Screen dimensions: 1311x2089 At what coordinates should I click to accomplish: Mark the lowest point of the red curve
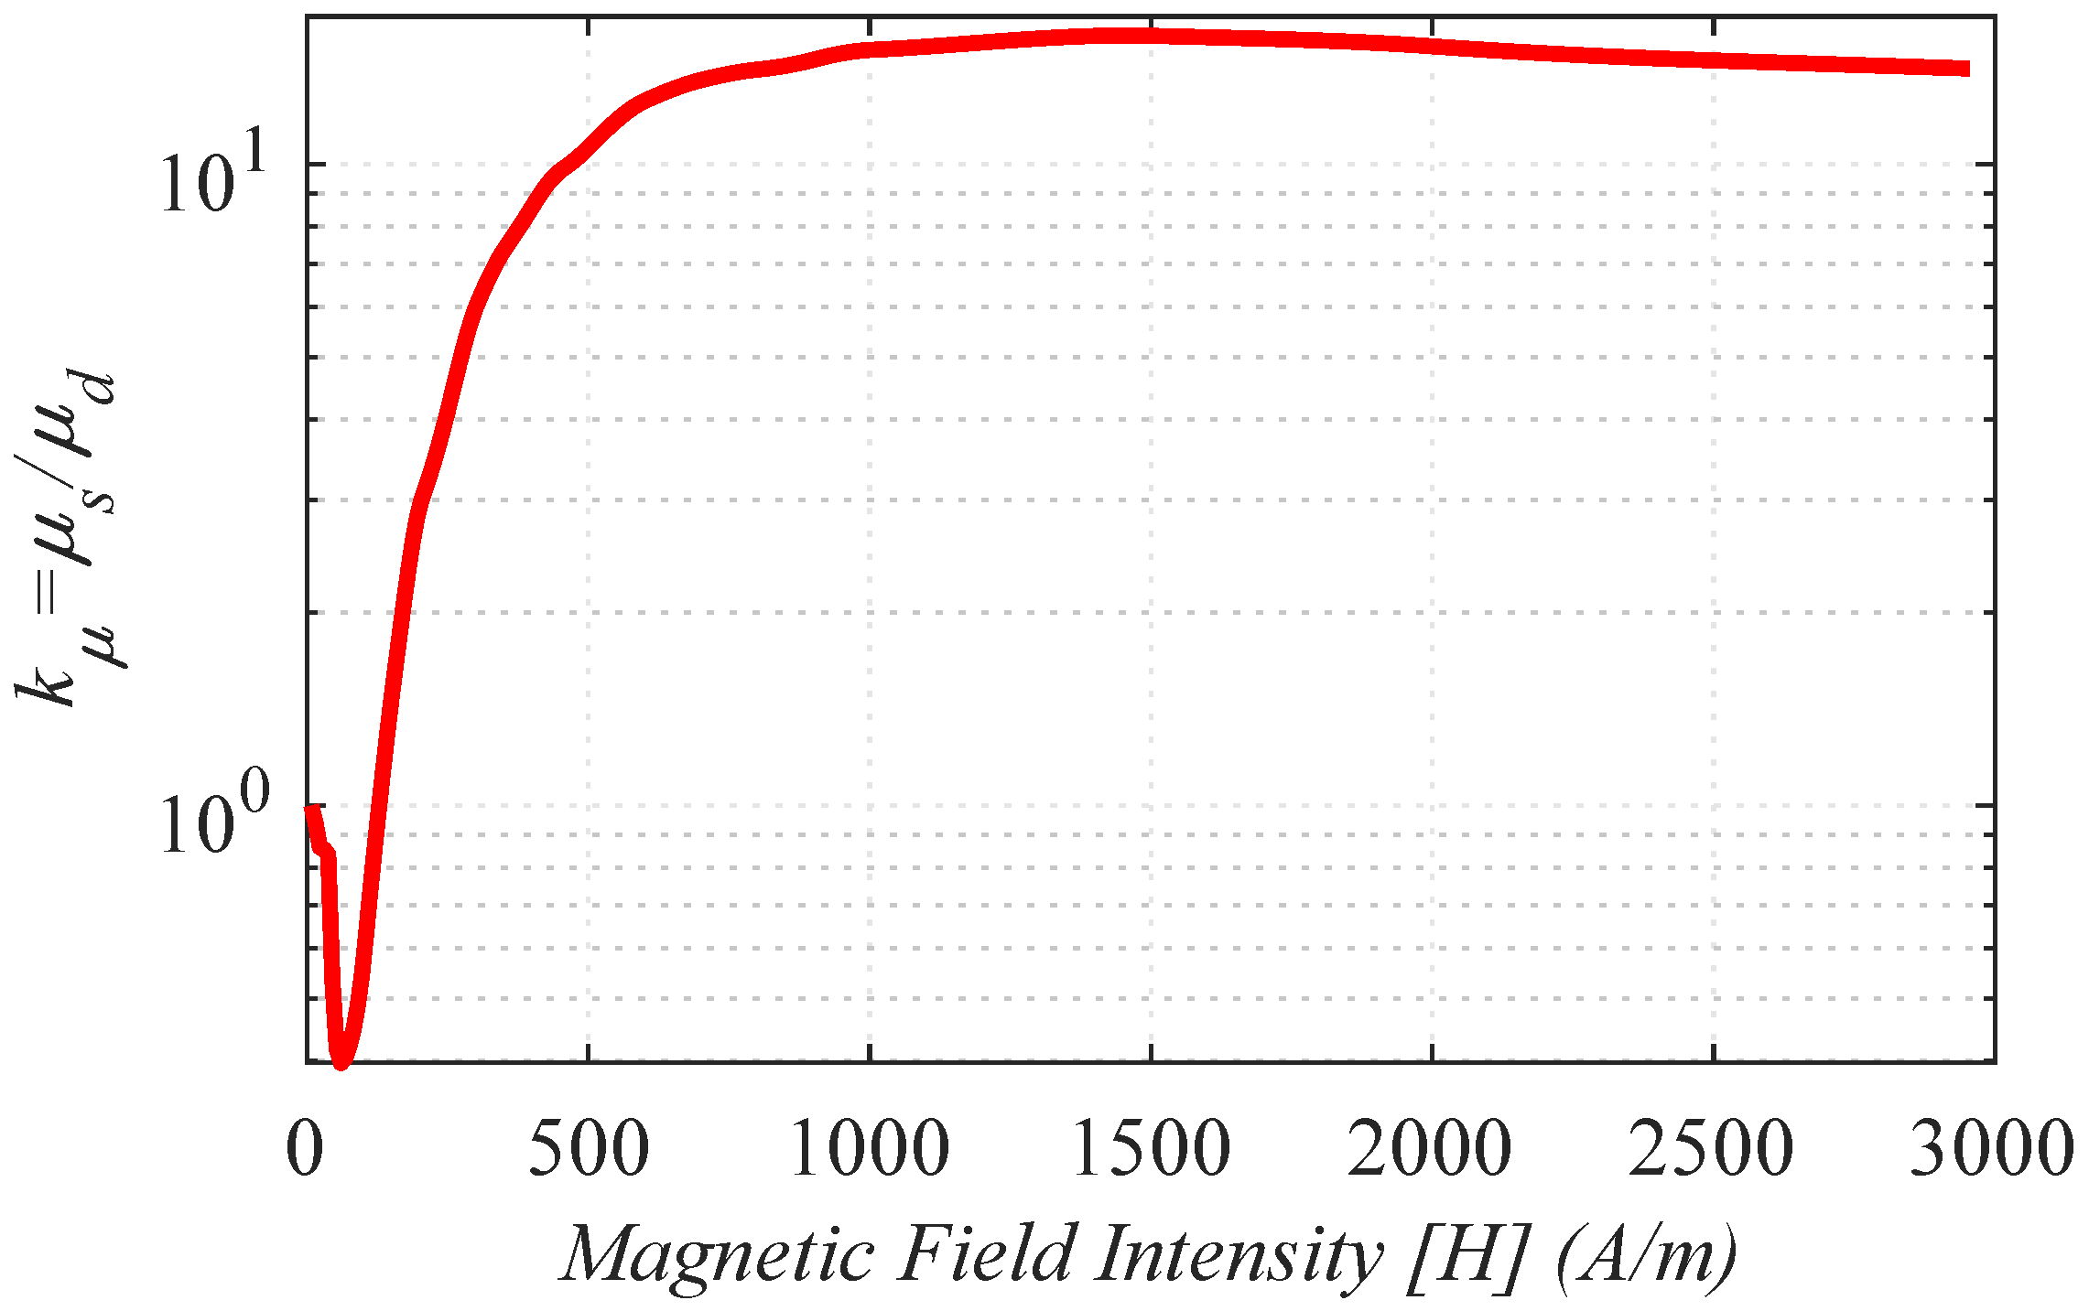(341, 1061)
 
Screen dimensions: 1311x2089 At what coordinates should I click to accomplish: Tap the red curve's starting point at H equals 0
(309, 808)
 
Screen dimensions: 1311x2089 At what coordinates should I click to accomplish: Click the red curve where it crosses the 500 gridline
(589, 146)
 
